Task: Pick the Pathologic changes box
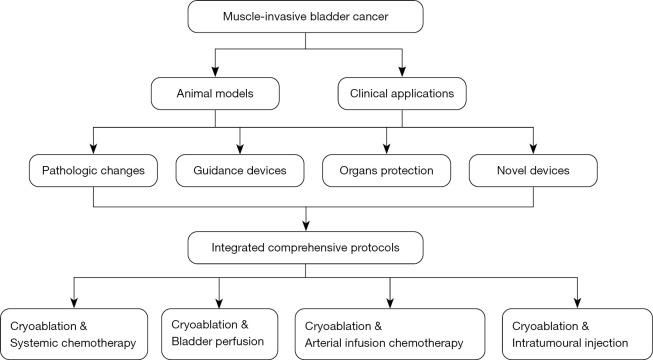93,171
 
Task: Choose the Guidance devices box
240,171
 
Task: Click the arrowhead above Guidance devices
240,148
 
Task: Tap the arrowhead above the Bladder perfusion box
219,302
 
